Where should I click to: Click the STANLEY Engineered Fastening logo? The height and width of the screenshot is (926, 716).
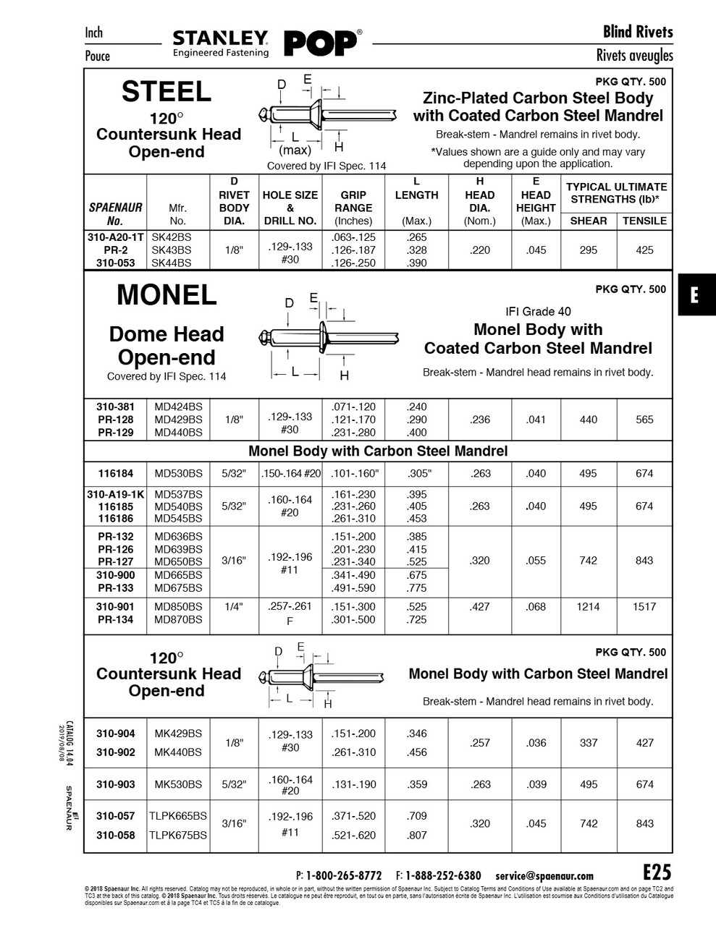[221, 43]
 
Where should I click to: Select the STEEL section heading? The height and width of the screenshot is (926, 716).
[167, 92]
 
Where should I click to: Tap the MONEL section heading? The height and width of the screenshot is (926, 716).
[167, 295]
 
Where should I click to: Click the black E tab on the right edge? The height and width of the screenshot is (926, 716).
[696, 295]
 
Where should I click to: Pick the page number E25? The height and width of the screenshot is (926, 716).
[657, 872]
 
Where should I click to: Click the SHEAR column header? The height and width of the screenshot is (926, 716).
[589, 221]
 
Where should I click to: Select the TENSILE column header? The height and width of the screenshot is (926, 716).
[644, 221]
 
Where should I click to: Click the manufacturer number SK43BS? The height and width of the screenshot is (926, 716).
[172, 250]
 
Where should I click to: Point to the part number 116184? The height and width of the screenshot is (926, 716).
[116, 474]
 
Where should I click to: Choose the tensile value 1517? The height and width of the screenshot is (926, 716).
[644, 607]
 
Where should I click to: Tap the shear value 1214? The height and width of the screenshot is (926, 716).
[589, 607]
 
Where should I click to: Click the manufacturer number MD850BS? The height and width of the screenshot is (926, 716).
[178, 607]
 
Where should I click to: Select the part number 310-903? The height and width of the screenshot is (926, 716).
[116, 784]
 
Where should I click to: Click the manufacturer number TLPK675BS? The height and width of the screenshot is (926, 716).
[178, 835]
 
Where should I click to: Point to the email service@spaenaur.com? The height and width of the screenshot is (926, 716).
[544, 875]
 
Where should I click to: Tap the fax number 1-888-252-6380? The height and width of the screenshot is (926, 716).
[442, 875]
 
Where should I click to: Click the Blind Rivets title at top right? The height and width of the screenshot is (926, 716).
[638, 32]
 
